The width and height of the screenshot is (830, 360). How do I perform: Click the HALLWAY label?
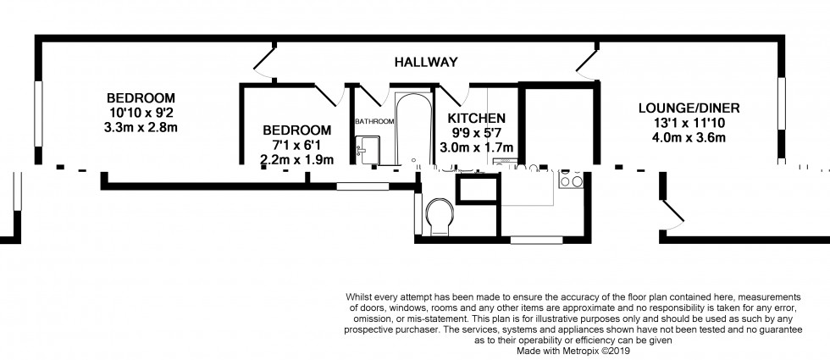pyautogui.click(x=426, y=62)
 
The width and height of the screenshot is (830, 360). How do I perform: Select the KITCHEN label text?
pyautogui.click(x=477, y=118)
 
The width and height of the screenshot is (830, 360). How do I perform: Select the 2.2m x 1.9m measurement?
pyautogui.click(x=296, y=159)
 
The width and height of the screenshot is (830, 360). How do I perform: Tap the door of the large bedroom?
pyautogui.click(x=264, y=62)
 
